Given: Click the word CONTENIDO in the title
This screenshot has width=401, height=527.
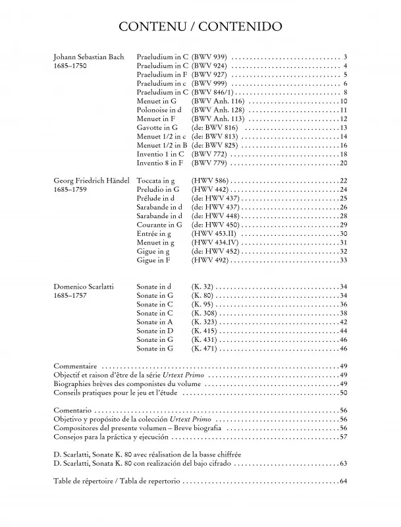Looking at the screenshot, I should coord(242,27).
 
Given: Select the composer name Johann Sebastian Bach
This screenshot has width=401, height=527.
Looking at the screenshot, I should coord(88,57).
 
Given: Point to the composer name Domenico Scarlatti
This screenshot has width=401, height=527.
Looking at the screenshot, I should coord(83,287).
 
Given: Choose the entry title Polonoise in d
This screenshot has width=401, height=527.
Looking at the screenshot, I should coord(158,110).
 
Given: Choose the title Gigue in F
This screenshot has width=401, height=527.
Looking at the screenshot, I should coord(153,260).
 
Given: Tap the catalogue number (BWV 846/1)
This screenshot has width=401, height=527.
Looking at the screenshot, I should coord(213,92).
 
